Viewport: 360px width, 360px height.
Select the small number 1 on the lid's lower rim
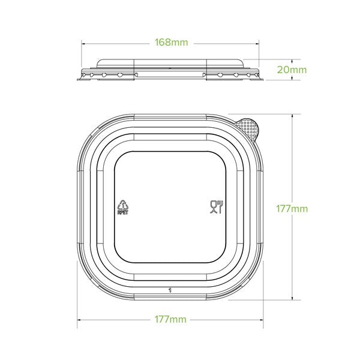click(x=171, y=289)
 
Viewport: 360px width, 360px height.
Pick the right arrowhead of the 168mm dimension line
click(x=259, y=43)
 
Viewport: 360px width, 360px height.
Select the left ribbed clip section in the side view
click(x=108, y=74)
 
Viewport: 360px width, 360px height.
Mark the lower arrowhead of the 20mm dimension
click(x=292, y=79)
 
